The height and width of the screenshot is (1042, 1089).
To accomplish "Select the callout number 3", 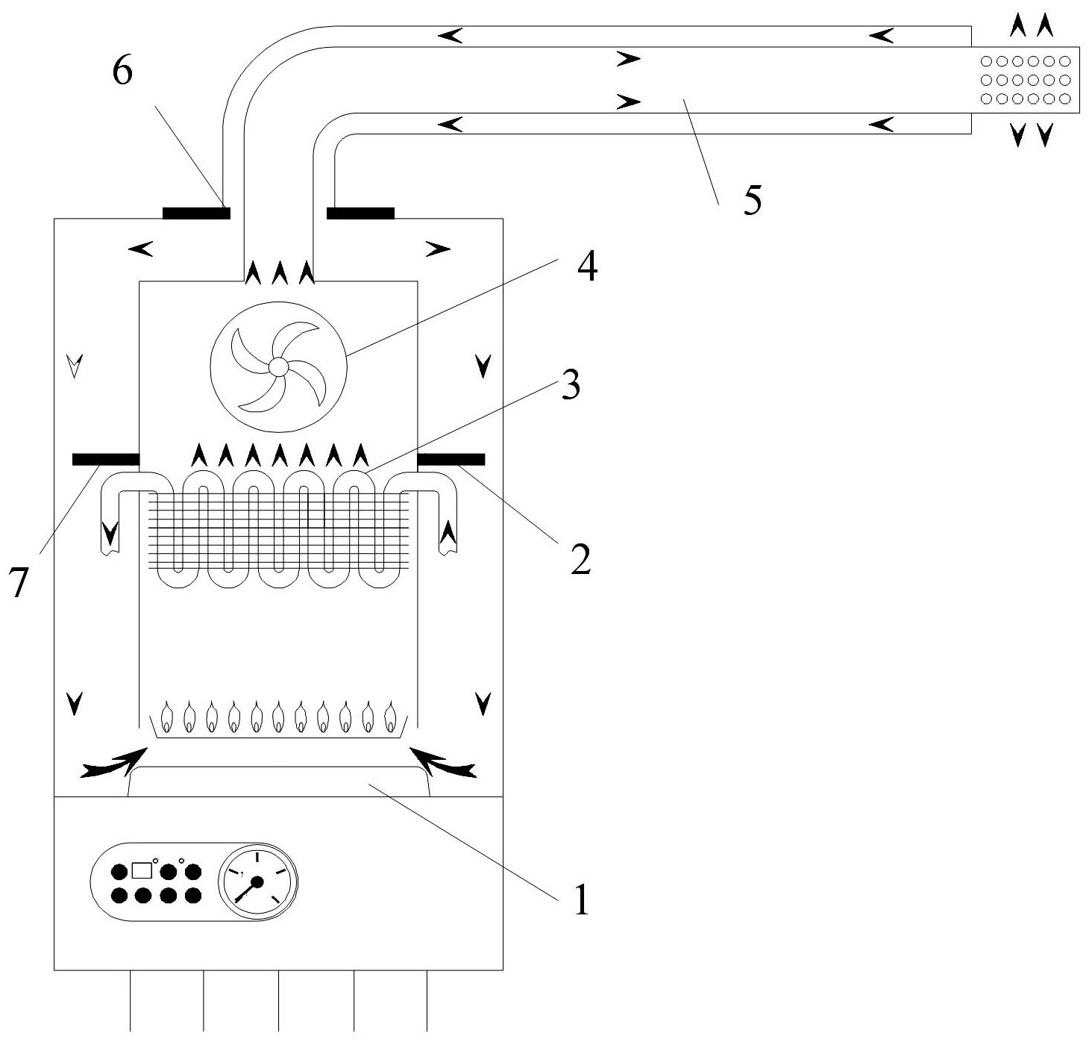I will (571, 387).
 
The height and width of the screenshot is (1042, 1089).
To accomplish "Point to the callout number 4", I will (587, 268).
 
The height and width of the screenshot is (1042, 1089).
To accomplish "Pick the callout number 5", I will (753, 200).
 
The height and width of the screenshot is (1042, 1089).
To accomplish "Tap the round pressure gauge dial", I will (257, 882).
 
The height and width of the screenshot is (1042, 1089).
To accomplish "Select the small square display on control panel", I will (141, 870).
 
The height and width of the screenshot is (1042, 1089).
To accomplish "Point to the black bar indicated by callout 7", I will (105, 459).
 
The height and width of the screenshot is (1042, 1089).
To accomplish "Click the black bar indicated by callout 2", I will (451, 459).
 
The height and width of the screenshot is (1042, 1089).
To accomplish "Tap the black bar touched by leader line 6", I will (196, 213).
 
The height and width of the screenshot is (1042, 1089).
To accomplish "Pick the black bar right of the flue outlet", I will (360, 213).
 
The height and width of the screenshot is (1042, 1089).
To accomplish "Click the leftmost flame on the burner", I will (167, 717).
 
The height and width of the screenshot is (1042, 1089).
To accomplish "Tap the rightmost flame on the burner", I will (389, 717).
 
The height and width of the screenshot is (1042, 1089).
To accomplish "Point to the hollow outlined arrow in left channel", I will (73, 366).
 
